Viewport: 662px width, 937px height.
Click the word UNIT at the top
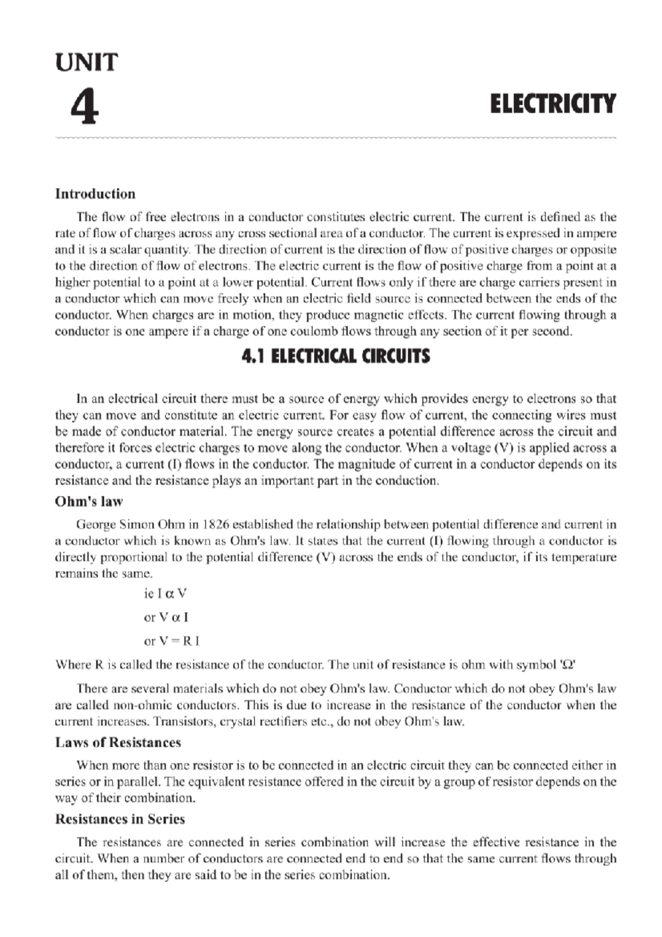point(86,62)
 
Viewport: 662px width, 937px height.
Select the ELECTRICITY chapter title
point(552,104)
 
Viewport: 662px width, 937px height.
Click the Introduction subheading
point(95,194)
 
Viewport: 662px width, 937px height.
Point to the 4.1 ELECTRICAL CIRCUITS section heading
point(335,356)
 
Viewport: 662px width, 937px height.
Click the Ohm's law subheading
point(88,502)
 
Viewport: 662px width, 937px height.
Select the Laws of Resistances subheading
point(118,742)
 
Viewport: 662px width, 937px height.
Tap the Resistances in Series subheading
point(120,819)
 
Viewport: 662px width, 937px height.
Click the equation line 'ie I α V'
point(165,594)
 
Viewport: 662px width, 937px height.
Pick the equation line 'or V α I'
point(165,617)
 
